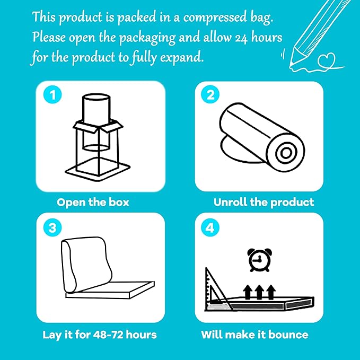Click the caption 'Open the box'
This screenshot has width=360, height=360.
(x=93, y=202)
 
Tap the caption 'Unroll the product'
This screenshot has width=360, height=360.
(x=264, y=202)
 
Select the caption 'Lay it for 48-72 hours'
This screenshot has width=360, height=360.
(x=99, y=335)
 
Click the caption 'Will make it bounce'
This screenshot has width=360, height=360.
(x=254, y=335)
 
